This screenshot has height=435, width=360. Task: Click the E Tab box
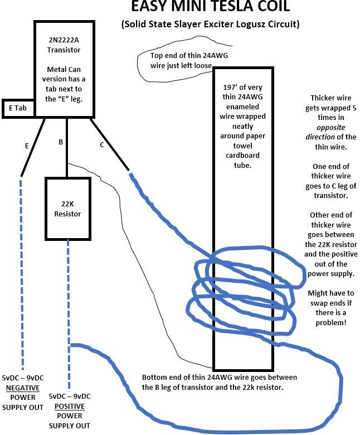pos(18,108)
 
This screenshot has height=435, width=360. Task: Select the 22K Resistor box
pos(67,209)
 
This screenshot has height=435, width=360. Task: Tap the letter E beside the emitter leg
pos(26,146)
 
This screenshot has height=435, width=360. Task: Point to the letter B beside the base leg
pos(61,142)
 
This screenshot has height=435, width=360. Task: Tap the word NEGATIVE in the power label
pos(22,388)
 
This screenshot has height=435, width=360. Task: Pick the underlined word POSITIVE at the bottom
pos(69,406)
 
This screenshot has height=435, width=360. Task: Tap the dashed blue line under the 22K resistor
pos(69,312)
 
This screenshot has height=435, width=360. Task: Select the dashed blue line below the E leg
pos(21,268)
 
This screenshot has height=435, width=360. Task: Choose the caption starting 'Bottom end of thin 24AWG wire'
pos(220,382)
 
